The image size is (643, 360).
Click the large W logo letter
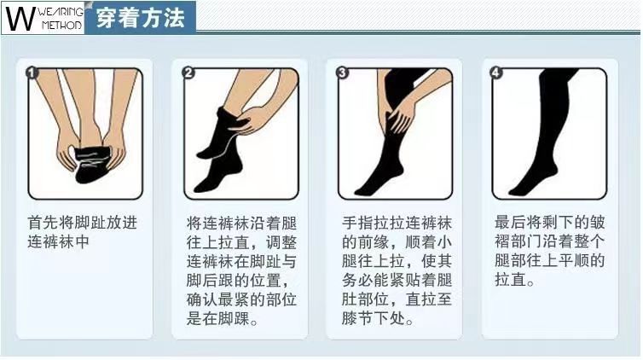[19, 19]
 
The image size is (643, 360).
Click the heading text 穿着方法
[141, 19]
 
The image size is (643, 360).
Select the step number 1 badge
[33, 73]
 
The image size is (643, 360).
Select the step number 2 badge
[188, 73]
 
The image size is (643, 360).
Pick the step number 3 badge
[343, 73]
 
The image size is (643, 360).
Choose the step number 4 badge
[497, 73]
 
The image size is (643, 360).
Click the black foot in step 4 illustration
[529, 181]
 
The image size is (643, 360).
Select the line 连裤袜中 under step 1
[57, 243]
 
